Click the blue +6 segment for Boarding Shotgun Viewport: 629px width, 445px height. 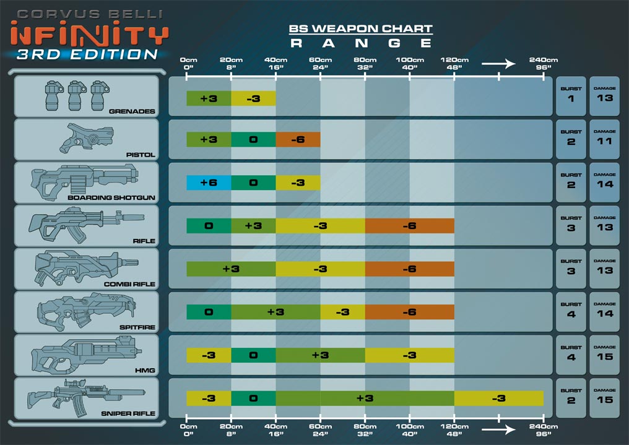tap(209, 183)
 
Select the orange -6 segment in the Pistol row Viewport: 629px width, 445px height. tap(298, 140)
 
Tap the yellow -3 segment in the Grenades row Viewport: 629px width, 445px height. tap(253, 98)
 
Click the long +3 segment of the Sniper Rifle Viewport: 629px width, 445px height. tap(365, 398)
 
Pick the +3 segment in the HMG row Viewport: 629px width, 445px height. tap(320, 355)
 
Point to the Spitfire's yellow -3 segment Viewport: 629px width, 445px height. tap(342, 312)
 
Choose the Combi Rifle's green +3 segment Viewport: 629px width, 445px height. tap(231, 269)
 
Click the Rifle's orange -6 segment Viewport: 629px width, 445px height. tap(409, 226)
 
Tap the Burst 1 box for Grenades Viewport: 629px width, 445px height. tap(571, 95)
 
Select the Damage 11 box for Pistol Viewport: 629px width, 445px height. tap(604, 138)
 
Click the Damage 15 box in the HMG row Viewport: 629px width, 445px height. tap(604, 353)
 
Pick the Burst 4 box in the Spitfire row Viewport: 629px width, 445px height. tap(571, 310)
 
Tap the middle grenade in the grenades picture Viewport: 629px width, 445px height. tap(75, 95)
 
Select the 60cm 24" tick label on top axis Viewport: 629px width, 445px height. tap(320, 64)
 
